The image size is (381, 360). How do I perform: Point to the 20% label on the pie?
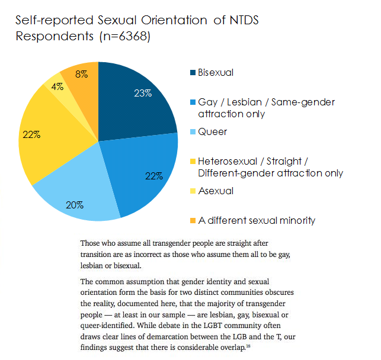pos(75,205)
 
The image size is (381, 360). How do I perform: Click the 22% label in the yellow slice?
pos(31,134)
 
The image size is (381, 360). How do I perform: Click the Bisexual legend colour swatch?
pos(193,73)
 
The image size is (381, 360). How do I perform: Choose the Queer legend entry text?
pos(212,132)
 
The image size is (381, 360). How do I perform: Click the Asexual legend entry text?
pos(216,191)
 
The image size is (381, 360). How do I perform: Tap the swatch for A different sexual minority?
pos(193,221)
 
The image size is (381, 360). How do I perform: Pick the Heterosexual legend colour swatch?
pos(193,162)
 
